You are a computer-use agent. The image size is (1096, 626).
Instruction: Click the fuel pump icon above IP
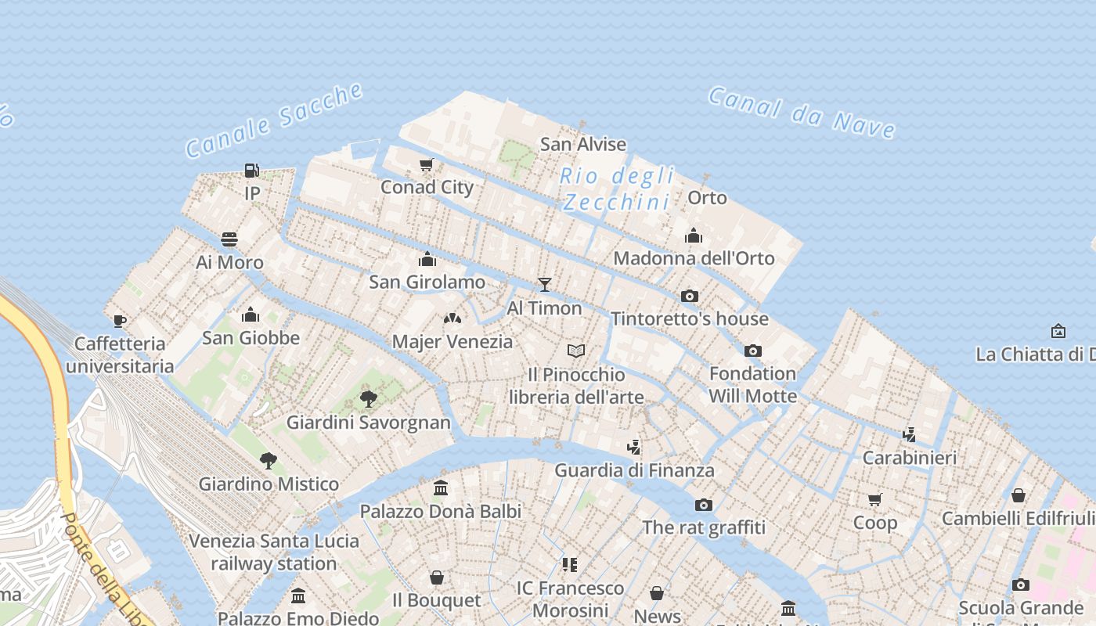point(251,170)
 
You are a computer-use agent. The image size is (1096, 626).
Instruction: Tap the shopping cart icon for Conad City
point(427,164)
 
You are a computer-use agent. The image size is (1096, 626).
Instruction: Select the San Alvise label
point(583,144)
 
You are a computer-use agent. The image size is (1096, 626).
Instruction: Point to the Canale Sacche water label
point(274,120)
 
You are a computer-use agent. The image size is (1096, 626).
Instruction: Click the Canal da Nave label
point(802,113)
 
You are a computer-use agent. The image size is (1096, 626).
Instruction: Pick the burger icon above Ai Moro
point(229,239)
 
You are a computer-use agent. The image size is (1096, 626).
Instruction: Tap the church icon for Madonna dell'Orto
point(694,236)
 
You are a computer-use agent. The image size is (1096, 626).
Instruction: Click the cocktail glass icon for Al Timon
point(545,285)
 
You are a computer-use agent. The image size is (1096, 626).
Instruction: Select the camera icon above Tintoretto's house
point(690,296)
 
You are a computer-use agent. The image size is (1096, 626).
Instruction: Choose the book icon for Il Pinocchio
point(576,351)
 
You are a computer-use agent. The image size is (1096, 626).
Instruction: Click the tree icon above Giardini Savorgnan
point(369,399)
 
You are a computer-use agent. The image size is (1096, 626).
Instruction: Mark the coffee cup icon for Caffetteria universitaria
point(119,321)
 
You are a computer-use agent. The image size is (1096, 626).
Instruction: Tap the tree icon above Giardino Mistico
point(269,460)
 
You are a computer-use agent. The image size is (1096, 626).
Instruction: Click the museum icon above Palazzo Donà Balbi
point(441,488)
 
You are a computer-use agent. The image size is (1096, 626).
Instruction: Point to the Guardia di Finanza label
point(634,470)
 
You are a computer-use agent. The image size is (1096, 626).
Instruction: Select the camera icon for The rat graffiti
point(704,505)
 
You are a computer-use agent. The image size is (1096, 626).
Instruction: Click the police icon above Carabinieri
point(910,434)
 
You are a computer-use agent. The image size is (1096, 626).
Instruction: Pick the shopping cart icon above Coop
point(875,499)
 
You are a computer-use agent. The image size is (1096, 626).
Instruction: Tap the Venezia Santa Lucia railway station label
point(274,552)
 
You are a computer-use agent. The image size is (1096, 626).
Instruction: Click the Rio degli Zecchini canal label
point(617,189)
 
